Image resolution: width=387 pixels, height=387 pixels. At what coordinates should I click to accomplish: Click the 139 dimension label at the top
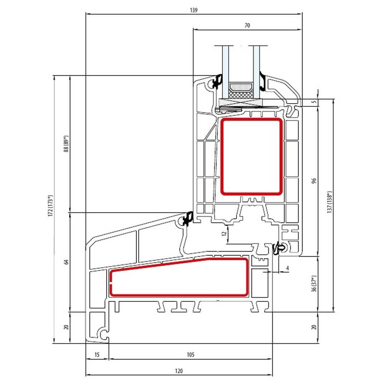coord(194,10)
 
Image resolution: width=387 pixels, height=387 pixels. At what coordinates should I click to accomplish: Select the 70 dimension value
coord(247,25)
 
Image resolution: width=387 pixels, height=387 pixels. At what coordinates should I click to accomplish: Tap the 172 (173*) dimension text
coord(51,206)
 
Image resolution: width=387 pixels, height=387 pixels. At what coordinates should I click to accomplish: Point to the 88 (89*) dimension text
coord(66,144)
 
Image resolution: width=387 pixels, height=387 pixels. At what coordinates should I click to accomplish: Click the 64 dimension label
coord(66,262)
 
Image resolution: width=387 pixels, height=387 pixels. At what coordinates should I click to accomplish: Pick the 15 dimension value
coord(97,355)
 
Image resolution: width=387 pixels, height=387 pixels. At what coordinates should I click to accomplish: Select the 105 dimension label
coord(191,355)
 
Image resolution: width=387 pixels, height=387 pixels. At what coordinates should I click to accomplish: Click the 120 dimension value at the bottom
coord(179,371)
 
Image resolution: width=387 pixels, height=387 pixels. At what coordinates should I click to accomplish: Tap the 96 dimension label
coord(314,181)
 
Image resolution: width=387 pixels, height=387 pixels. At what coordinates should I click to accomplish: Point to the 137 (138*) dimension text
coord(330,202)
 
